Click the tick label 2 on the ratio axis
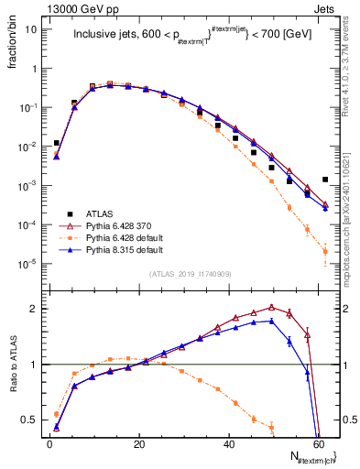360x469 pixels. (34, 309)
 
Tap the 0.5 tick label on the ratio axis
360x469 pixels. (29, 421)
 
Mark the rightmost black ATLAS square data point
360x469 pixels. (325, 180)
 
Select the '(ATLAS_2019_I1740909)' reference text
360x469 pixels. (189, 274)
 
